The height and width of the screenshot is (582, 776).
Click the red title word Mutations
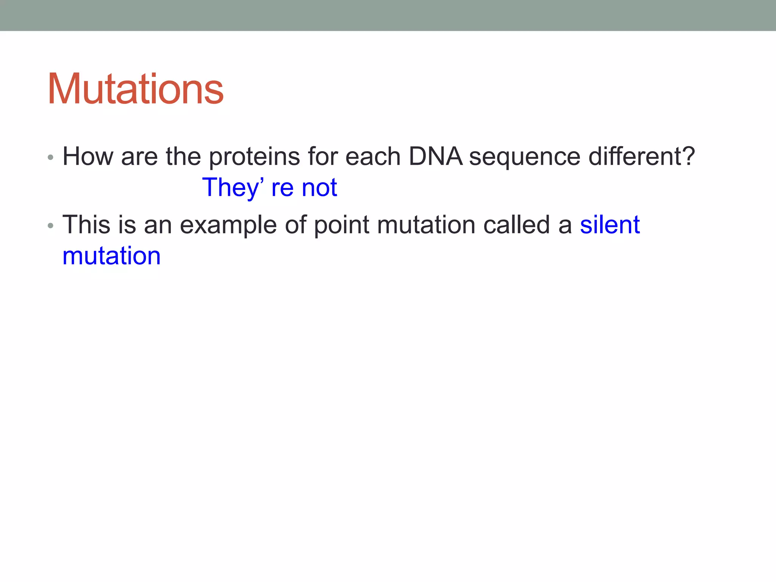tap(135, 89)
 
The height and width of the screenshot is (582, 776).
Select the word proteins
tap(254, 157)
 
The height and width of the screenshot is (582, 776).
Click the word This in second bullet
tap(86, 225)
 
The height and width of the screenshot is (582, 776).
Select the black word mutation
tap(426, 225)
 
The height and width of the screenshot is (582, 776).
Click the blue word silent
tap(610, 225)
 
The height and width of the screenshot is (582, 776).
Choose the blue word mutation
tap(111, 256)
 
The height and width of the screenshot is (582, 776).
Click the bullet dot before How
tap(50, 157)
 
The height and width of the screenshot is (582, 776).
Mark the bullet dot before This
tap(50, 226)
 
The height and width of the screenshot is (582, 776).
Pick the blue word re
tap(282, 188)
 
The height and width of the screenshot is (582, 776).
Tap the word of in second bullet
tap(295, 225)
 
